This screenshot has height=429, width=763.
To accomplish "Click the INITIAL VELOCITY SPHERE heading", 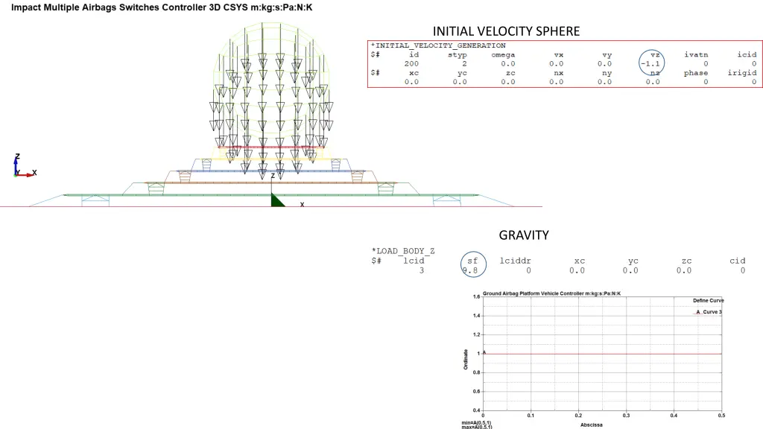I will click(506, 31).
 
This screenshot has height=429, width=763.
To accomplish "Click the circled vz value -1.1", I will click(651, 64).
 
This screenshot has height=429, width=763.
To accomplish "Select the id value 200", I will click(411, 64).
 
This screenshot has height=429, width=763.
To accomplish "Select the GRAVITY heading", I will click(524, 235).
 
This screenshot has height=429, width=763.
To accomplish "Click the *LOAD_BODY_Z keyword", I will click(402, 251).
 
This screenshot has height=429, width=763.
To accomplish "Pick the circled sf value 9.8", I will click(470, 270).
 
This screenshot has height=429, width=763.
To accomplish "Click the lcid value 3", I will click(421, 270).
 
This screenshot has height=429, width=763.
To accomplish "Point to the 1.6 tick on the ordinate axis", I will click(476, 296).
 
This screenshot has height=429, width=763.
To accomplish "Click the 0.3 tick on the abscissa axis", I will click(626, 416).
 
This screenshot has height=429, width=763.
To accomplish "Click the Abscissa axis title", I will click(591, 425).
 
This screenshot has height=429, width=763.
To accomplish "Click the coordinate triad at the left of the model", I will click(21, 169).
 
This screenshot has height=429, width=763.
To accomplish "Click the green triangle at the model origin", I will click(276, 200).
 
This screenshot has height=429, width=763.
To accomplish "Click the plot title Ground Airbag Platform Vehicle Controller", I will click(551, 293).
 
